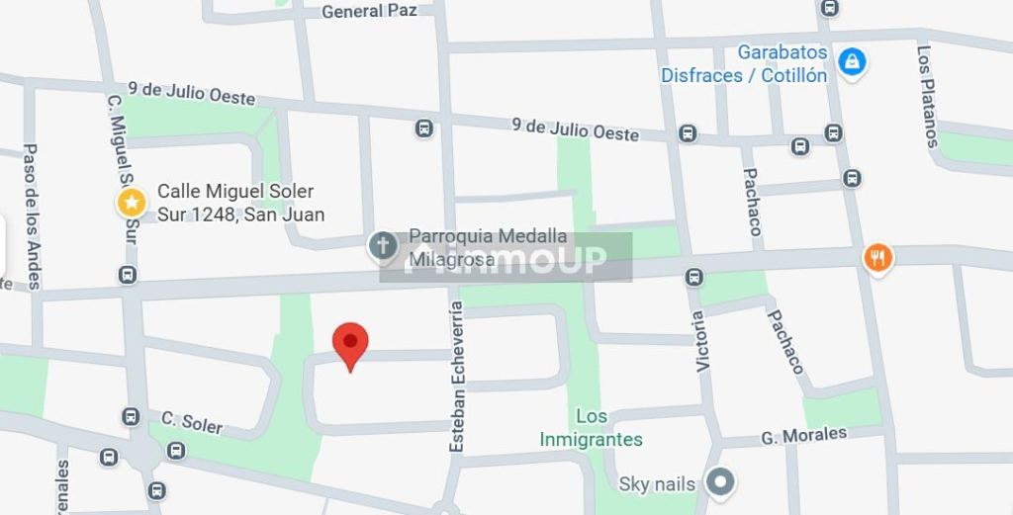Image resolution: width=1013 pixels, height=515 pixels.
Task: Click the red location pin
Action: coord(350,344)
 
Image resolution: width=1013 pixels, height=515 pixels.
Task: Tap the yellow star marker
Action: coord(132,204)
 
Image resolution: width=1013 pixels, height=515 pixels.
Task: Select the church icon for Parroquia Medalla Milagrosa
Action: coord(383,246)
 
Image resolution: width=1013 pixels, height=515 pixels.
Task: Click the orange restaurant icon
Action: coord(877,258)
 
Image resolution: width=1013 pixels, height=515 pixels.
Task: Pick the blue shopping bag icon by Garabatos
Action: coord(852,62)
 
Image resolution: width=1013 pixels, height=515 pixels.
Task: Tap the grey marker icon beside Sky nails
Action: coord(722,482)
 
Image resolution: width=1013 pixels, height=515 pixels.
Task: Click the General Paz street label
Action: coord(369,11)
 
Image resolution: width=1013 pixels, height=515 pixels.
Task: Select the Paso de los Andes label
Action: coord(32,216)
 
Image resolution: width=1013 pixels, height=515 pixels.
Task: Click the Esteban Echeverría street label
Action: coord(456,376)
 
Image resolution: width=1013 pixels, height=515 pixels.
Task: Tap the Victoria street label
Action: coord(700,341)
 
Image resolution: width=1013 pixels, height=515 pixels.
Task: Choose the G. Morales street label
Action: coord(804,435)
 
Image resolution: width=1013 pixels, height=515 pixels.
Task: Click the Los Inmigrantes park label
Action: coord(592,428)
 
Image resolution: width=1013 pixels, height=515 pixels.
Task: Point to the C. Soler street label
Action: coord(192,422)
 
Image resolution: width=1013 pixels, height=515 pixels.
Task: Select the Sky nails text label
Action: coord(657,483)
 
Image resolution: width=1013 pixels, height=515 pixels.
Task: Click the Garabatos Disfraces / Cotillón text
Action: coord(744,64)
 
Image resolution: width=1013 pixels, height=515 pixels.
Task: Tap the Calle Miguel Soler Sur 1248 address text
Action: coord(240,203)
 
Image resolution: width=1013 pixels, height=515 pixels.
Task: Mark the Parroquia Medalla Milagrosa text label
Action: coord(488,246)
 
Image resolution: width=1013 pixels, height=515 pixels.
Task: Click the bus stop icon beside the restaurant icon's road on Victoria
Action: coord(695,278)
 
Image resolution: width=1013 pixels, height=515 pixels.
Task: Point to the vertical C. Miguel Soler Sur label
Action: coord(123,168)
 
